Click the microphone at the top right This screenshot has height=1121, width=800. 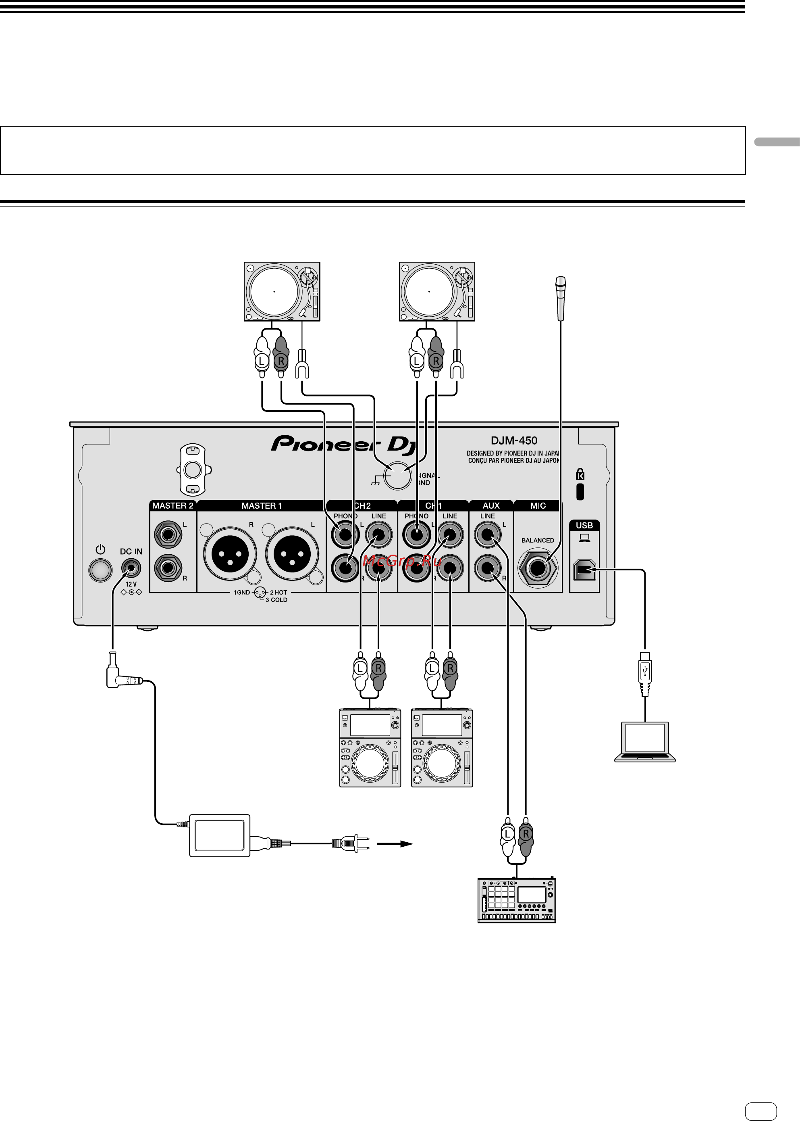(561, 298)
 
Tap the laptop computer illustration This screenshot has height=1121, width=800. (645, 741)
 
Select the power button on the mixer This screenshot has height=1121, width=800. (100, 570)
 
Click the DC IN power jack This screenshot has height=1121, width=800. (131, 568)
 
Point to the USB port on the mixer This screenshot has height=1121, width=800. (584, 570)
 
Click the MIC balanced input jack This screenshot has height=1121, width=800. (538, 568)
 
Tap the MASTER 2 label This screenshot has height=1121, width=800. (172, 506)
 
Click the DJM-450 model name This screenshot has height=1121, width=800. (514, 440)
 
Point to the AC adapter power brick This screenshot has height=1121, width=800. (220, 835)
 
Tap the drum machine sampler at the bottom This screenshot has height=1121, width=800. (517, 900)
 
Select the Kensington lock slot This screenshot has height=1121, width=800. (580, 491)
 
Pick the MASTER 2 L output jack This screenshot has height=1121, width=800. (168, 534)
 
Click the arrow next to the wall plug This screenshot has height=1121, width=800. (395, 843)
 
